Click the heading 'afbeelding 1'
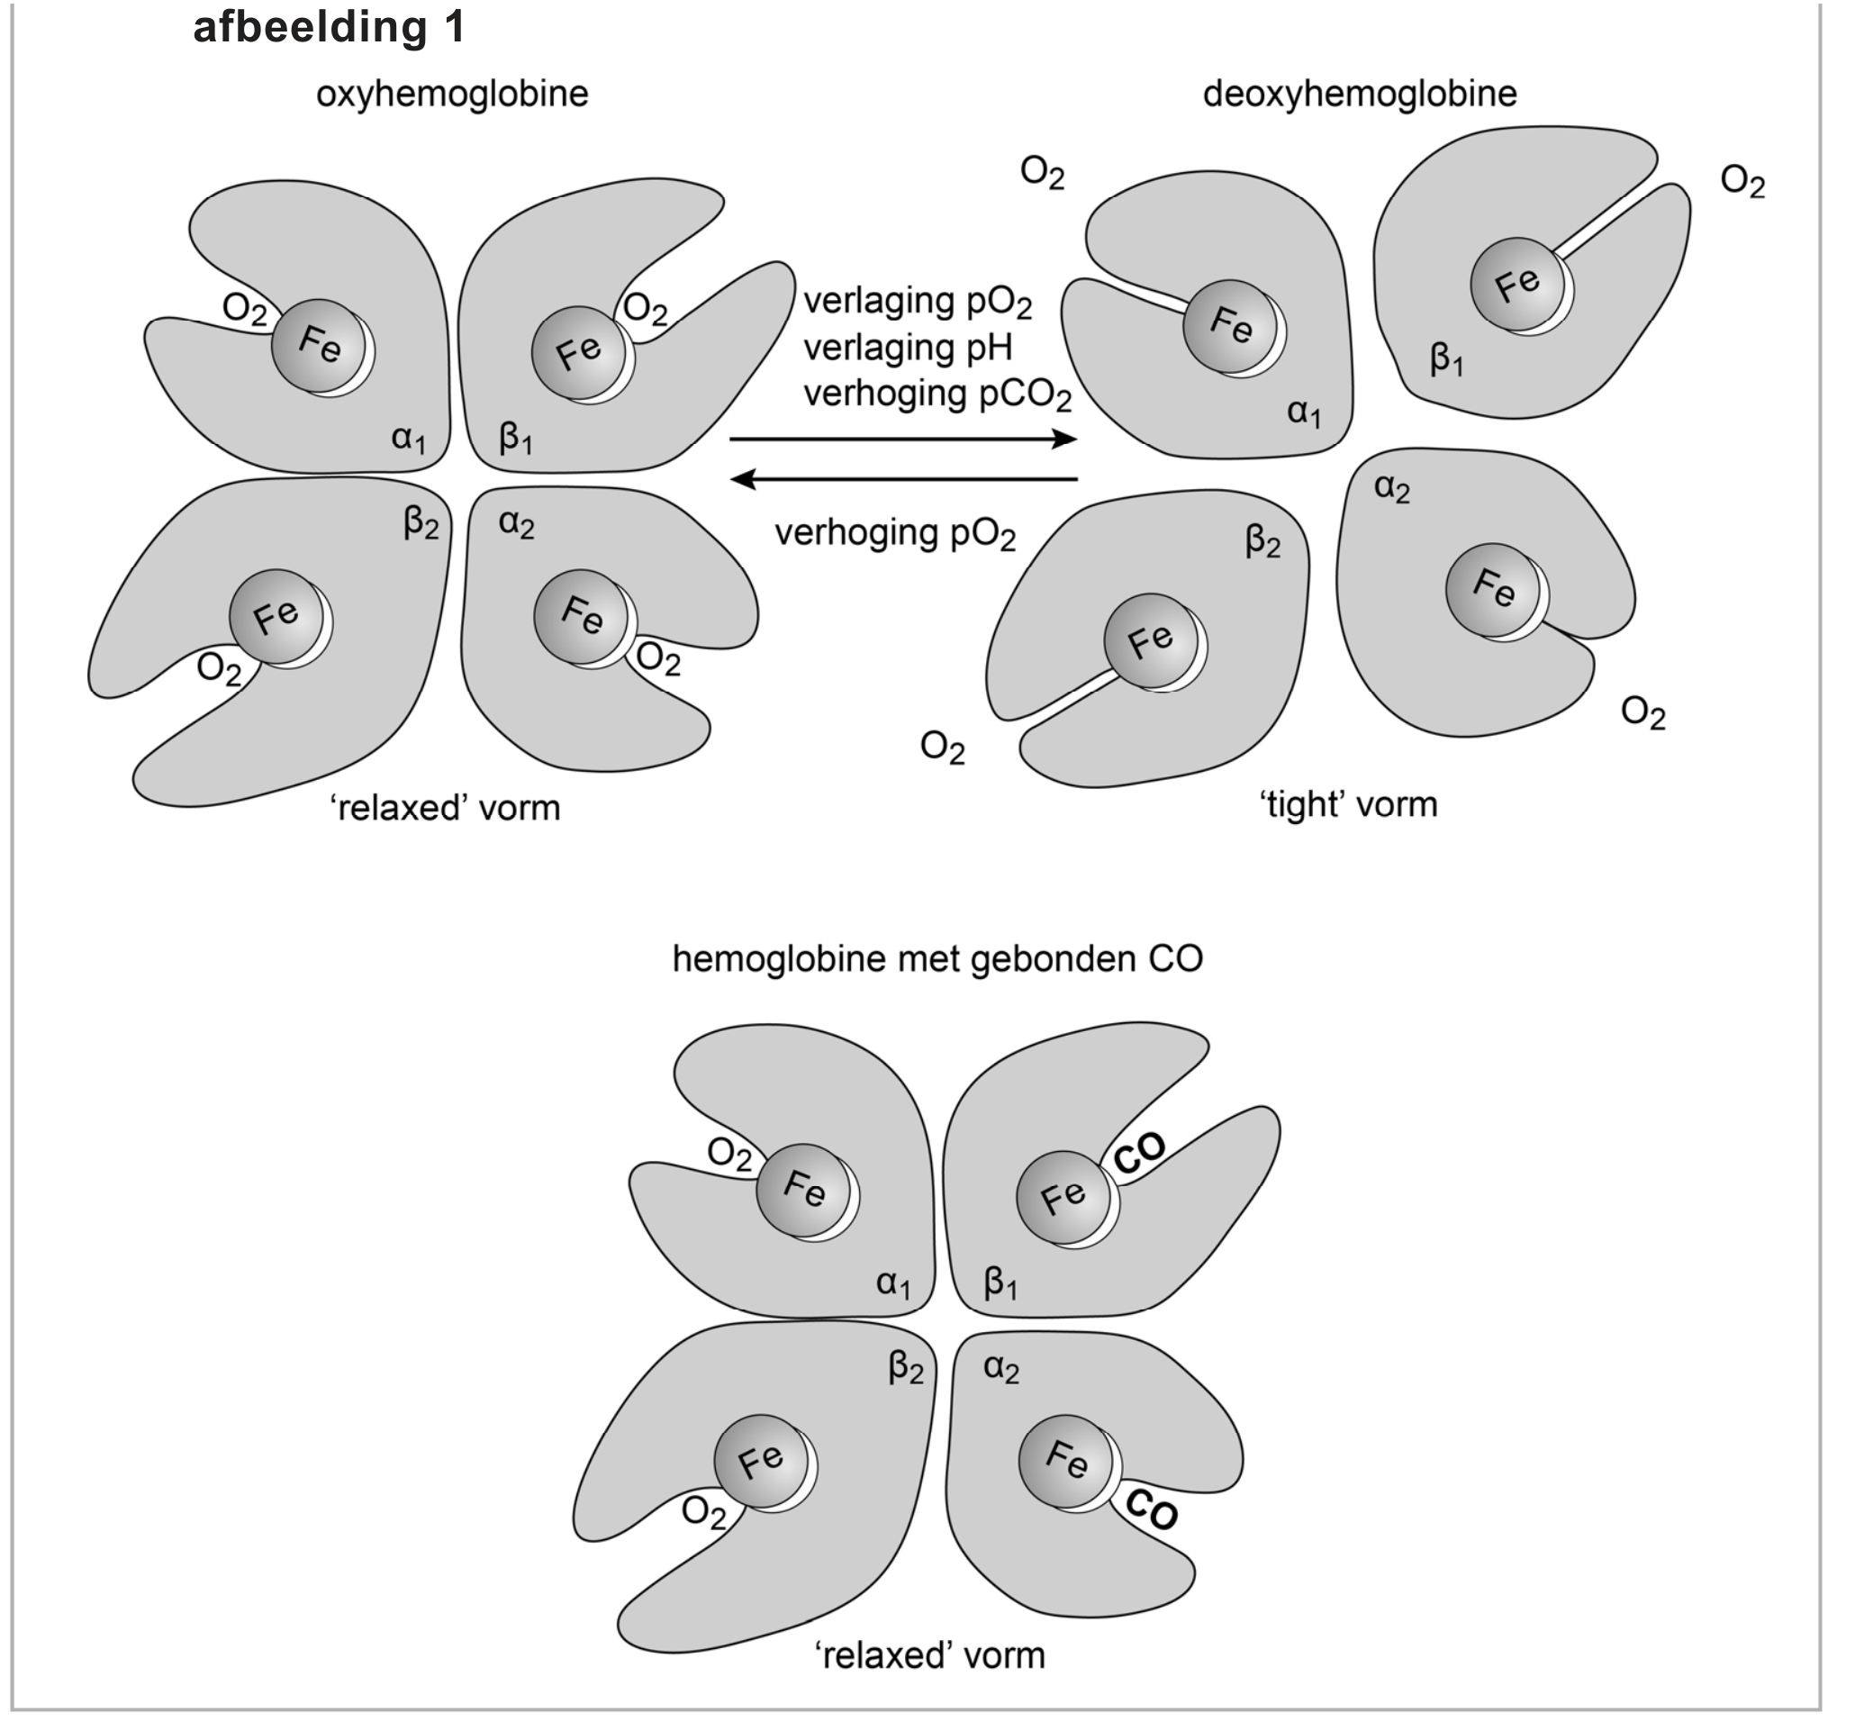(328, 27)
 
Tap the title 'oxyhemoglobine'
(452, 94)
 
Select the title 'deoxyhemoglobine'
(1360, 94)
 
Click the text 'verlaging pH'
(907, 348)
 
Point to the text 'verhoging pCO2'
(937, 394)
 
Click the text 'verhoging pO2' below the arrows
(894, 534)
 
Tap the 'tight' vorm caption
(1348, 803)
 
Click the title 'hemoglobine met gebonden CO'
(937, 959)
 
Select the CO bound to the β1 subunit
(1138, 1154)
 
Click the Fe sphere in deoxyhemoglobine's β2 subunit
(1151, 640)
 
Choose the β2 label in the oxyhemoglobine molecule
(421, 523)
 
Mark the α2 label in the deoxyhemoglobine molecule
(1392, 488)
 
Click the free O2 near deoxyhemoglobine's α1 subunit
(1042, 172)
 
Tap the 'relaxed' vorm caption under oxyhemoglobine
(446, 807)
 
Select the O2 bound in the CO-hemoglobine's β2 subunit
(702, 1512)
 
